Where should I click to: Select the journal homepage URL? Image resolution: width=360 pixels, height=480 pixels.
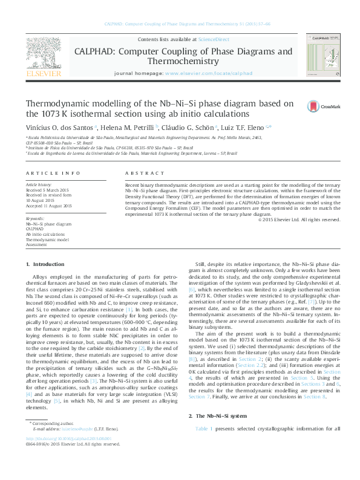208,73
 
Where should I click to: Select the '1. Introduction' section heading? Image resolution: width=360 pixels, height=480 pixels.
46,264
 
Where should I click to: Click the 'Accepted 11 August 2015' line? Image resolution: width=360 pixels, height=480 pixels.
48,206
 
